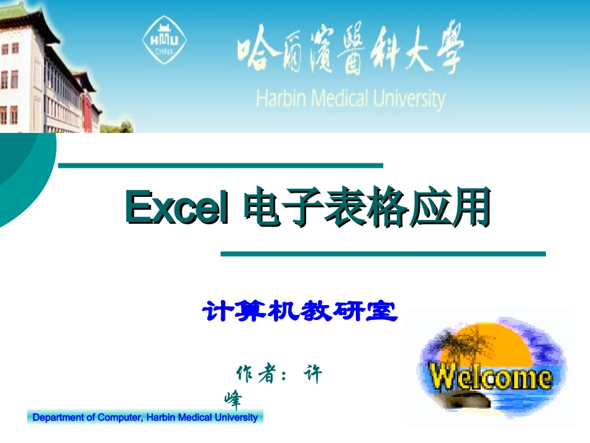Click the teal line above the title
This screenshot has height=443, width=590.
[220, 165]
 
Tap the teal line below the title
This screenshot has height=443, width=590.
[383, 253]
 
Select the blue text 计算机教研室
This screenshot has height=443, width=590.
[300, 311]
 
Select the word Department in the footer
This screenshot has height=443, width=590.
[58, 418]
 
